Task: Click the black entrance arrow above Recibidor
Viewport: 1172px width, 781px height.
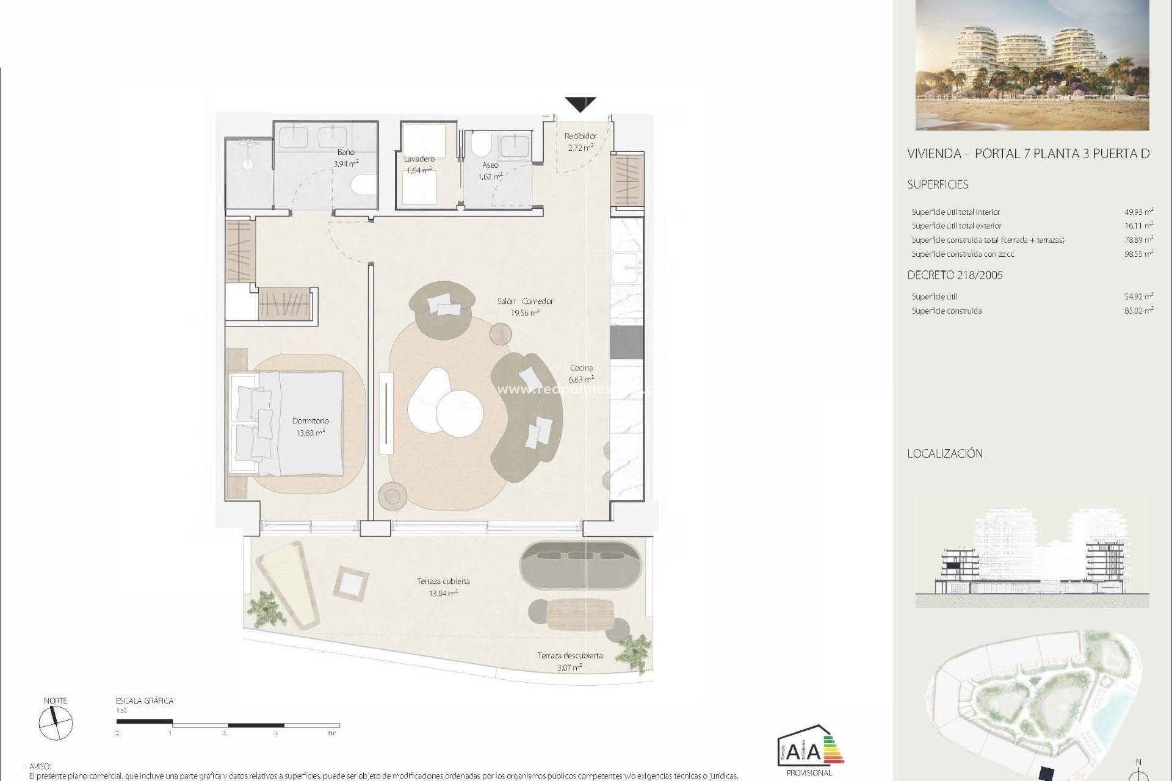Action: click(580, 104)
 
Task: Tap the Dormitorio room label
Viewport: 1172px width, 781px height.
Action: click(310, 421)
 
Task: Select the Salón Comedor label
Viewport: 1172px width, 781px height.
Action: click(525, 301)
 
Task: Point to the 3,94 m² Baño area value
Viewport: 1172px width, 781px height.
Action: click(345, 164)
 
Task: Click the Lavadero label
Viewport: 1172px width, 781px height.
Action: click(419, 159)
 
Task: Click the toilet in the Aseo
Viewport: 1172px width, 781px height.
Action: click(482, 145)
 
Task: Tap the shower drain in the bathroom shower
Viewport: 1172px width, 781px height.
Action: click(248, 164)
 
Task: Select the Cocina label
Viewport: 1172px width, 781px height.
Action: click(581, 368)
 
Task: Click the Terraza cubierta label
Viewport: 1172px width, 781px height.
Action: click(443, 581)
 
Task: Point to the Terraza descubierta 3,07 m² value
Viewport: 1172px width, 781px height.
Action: click(569, 668)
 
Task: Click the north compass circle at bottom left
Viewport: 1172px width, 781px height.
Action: click(56, 724)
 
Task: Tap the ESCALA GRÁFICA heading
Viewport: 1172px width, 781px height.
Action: click(145, 701)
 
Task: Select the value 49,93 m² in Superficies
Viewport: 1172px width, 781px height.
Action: click(1138, 212)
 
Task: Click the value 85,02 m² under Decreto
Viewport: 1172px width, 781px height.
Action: click(1138, 311)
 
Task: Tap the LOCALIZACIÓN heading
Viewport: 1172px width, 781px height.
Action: click(944, 454)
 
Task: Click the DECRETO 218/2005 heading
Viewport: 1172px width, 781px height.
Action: click(955, 275)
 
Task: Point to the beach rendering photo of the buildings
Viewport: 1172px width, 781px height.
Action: click(1032, 65)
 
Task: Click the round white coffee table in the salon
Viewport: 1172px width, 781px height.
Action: click(460, 413)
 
